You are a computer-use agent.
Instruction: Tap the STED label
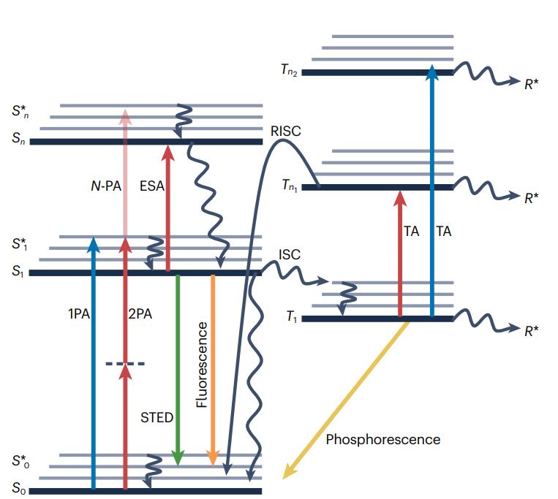(157, 418)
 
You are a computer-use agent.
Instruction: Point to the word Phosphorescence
(382, 439)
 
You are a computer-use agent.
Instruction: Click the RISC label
(285, 132)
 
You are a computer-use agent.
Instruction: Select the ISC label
(290, 255)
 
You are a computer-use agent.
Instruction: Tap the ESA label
(151, 186)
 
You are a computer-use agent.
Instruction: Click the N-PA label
(101, 186)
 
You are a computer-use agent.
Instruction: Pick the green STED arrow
(178, 365)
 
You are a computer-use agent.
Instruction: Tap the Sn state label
(19, 141)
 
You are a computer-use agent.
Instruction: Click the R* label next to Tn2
(532, 83)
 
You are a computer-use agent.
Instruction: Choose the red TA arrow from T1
(400, 256)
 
